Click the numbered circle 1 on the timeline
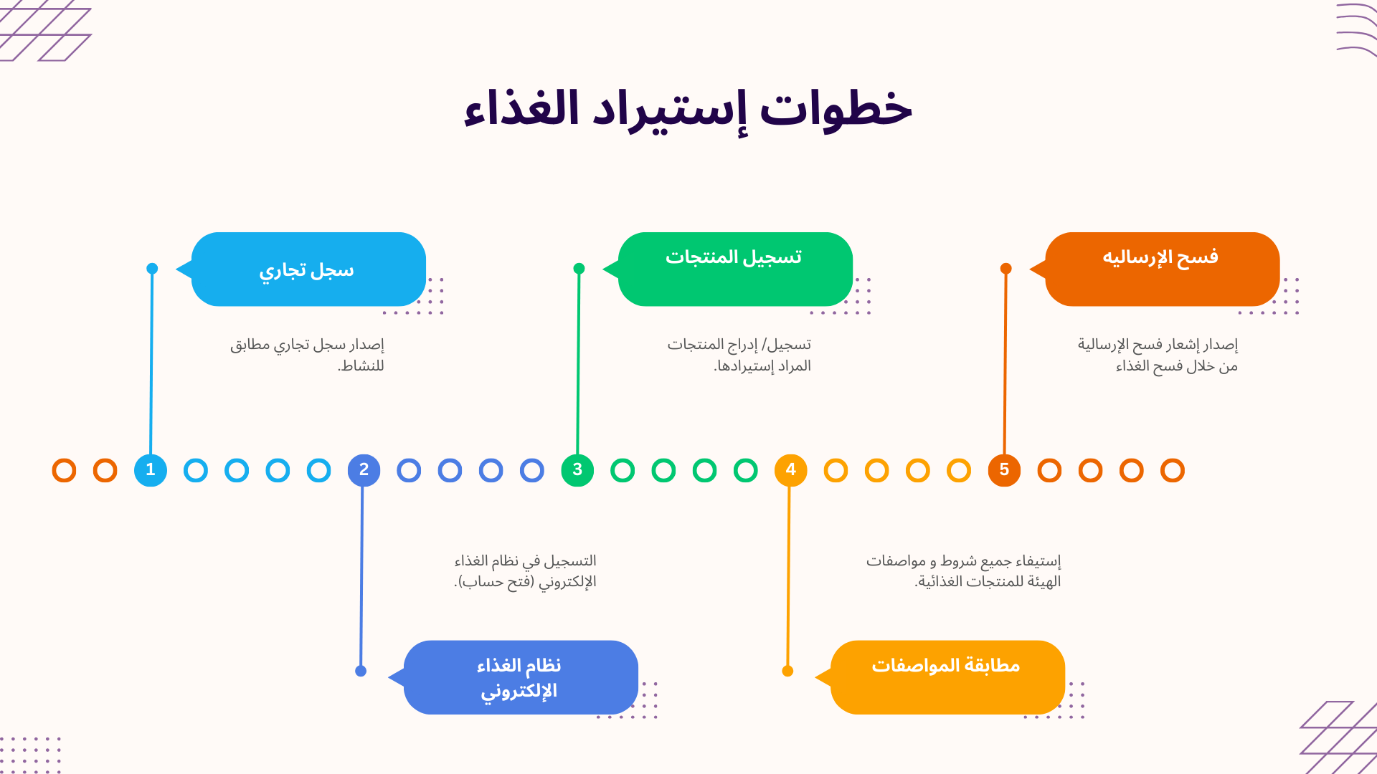tap(151, 470)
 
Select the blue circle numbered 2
tap(364, 470)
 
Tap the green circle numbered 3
tap(577, 470)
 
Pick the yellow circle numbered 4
tap(790, 470)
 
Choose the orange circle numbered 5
tap(1004, 470)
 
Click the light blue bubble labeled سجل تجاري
tap(308, 269)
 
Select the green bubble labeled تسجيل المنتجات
tap(735, 269)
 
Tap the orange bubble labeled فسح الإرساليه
tap(1162, 269)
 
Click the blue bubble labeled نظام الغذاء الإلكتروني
tap(521, 677)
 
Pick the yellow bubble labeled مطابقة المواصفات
tap(947, 677)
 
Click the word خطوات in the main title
tap(836, 110)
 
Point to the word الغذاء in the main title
tap(521, 110)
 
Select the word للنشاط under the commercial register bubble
tap(361, 366)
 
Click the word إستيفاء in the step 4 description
tap(1033, 561)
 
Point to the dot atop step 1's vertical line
tap(152, 269)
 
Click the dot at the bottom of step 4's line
tap(787, 671)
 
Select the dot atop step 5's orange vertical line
tap(1006, 269)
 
